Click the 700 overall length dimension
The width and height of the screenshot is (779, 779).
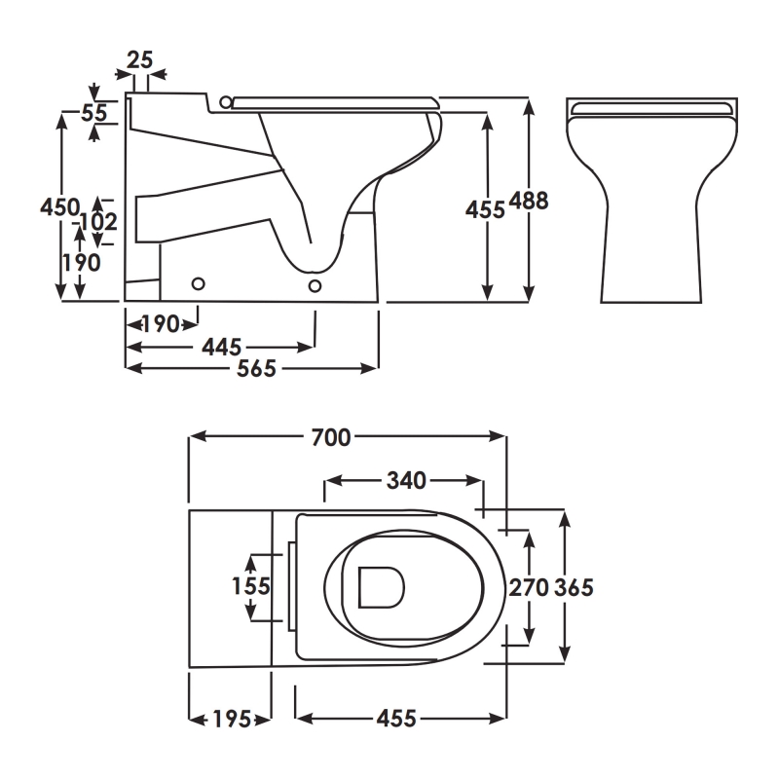[x=331, y=438]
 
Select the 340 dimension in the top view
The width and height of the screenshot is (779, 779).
[x=406, y=480]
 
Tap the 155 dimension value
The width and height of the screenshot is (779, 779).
[x=250, y=586]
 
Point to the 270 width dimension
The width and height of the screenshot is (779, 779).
[x=530, y=587]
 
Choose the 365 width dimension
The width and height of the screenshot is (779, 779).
[x=574, y=587]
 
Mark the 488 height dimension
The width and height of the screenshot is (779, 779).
[x=529, y=202]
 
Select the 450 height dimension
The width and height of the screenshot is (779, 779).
[x=58, y=207]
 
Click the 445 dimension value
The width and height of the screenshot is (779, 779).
[x=223, y=346]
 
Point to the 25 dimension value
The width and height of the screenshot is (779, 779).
[x=140, y=60]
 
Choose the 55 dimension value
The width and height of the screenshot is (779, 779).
[x=93, y=113]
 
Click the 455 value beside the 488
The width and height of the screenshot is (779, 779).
[x=485, y=208]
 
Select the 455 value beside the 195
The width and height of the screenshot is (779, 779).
[x=396, y=720]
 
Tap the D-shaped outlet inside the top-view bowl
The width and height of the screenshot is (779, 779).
[x=380, y=587]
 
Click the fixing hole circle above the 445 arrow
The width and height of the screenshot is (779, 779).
[x=315, y=284]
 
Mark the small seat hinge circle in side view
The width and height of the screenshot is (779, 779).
[x=227, y=100]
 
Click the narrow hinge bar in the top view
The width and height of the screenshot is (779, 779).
[x=291, y=584]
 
